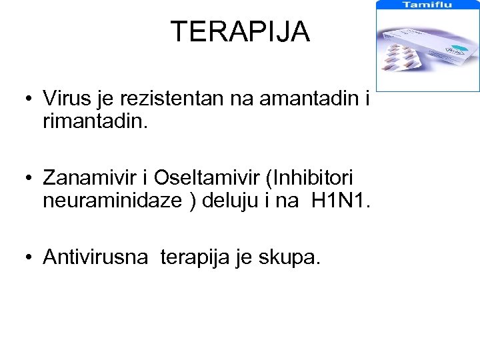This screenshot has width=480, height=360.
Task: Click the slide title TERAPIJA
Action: tap(240, 31)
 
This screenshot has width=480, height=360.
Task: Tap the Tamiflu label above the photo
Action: tap(427, 5)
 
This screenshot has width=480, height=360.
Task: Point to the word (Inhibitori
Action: tap(310, 179)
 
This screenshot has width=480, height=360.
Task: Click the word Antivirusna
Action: tap(95, 257)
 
